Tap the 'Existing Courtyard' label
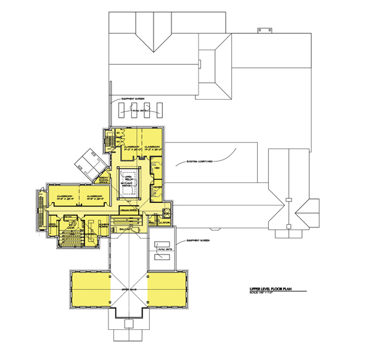pyautogui.click(x=200, y=162)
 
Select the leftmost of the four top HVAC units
pyautogui.click(x=121, y=110)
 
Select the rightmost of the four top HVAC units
pyautogui.click(x=160, y=110)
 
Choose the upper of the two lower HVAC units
pyautogui.click(x=163, y=243)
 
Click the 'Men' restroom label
pyautogui.click(x=157, y=167)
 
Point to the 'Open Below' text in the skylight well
pyautogui.click(x=129, y=177)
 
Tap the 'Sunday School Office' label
pyautogui.click(x=105, y=179)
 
